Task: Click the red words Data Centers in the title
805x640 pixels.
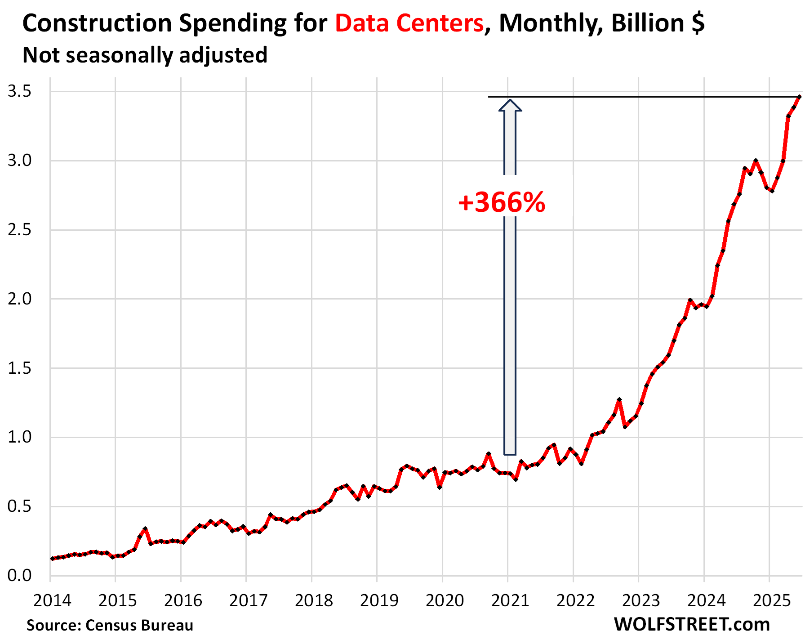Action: point(409,23)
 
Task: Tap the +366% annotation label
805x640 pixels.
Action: point(502,202)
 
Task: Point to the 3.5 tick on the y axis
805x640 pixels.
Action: point(19,92)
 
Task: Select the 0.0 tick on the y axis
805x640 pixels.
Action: point(19,575)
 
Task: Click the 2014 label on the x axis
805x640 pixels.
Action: point(52,600)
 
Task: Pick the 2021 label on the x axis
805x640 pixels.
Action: point(510,600)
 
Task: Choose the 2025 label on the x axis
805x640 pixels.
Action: point(771,600)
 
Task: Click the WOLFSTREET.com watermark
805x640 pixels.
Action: point(692,624)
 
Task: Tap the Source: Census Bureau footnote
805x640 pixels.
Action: point(110,625)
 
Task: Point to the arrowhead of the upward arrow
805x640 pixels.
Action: point(510,105)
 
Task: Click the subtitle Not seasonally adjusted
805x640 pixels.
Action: point(145,55)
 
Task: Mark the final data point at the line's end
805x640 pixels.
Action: point(799,97)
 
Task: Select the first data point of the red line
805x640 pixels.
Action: point(53,559)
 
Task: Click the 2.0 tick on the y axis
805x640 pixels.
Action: point(19,299)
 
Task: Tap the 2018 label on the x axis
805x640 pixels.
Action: point(314,600)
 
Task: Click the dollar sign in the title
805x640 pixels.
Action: point(698,23)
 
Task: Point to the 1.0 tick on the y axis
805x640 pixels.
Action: point(19,437)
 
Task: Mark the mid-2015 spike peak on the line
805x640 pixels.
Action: point(145,528)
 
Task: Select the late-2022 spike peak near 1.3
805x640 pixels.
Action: point(619,399)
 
